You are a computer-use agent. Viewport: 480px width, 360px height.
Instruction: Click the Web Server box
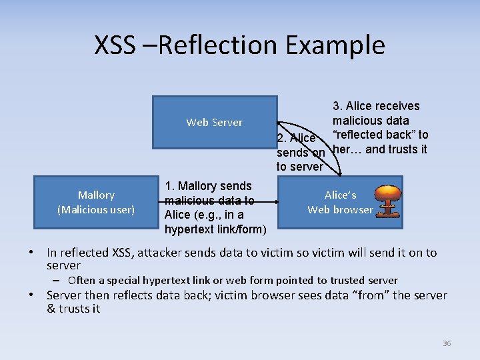pos(214,122)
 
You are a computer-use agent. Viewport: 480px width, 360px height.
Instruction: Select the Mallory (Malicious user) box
pos(96,202)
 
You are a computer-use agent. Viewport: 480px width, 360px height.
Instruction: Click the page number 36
pos(447,343)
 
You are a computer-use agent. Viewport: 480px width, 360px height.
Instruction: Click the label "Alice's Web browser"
pos(340,202)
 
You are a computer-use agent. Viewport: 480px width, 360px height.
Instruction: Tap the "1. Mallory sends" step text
pos(208,186)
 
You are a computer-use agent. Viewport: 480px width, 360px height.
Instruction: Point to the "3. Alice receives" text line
pos(376,106)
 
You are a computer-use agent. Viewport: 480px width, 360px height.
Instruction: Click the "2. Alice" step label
pos(295,138)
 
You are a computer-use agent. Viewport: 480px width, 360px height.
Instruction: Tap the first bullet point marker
pos(32,253)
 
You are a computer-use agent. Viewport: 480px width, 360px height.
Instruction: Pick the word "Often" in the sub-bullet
pos(82,281)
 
